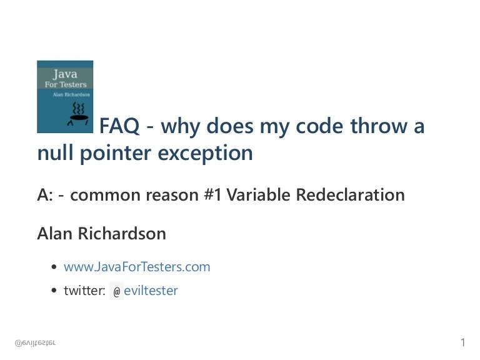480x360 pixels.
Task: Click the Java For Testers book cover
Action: [x=65, y=96]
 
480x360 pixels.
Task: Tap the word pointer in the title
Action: [x=115, y=153]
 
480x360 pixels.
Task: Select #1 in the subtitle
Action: [x=212, y=195]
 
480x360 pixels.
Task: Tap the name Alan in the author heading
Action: [x=54, y=234]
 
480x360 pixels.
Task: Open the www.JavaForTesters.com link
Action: [x=137, y=267]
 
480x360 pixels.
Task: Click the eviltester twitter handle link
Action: [x=151, y=291]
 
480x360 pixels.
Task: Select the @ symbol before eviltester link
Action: [x=116, y=291]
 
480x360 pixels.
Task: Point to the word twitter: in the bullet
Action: [x=84, y=291]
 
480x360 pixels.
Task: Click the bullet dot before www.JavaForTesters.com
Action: [x=54, y=267]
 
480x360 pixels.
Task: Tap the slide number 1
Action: [x=463, y=342]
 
